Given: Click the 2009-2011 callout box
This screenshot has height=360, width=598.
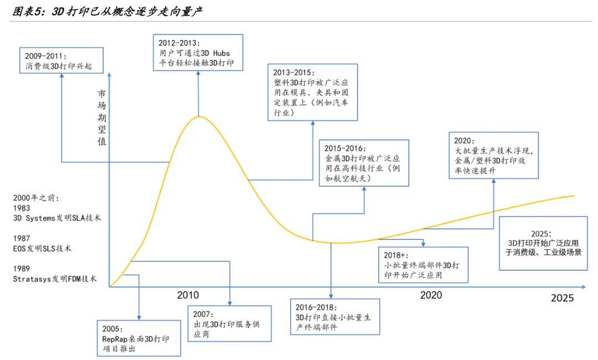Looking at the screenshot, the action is [61, 61].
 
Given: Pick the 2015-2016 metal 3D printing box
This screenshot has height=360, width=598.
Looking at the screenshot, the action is [364, 162].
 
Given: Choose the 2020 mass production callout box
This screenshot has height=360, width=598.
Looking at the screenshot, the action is [494, 155].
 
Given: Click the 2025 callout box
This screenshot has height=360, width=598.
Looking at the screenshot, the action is [543, 243].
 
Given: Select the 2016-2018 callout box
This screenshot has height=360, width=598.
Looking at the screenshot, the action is [335, 317].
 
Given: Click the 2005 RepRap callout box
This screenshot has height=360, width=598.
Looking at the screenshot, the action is [139, 338].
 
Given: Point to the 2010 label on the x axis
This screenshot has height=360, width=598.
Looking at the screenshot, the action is [188, 295].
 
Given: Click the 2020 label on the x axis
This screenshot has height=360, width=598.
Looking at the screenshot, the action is [431, 295].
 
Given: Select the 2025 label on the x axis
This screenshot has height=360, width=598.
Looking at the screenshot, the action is [562, 298].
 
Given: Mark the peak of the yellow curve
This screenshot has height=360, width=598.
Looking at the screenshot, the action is [198, 117].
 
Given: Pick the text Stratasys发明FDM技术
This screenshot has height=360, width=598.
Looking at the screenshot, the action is [55, 279].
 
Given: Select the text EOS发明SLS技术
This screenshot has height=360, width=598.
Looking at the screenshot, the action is [42, 249].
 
